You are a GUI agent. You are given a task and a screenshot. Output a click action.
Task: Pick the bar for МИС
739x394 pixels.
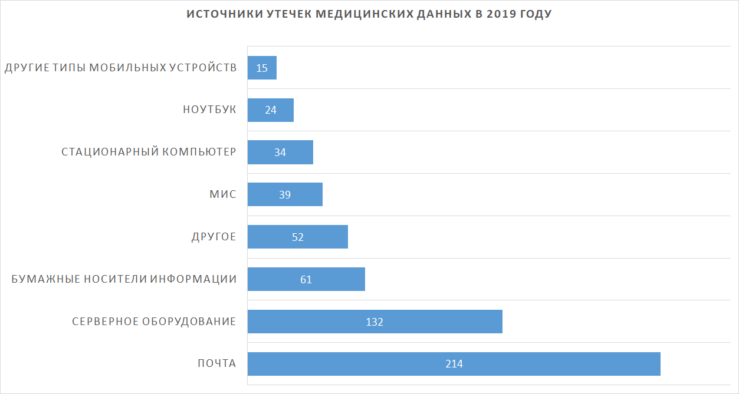[x=307, y=194]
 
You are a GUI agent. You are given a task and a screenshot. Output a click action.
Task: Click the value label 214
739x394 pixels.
[x=454, y=364]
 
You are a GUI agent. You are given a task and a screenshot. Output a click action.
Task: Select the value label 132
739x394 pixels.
[x=375, y=322]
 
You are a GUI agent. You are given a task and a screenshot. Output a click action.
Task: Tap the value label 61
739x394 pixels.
[x=306, y=279]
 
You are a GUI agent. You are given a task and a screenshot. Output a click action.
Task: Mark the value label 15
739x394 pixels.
[x=262, y=68]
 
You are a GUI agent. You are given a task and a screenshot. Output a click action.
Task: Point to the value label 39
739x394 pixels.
[x=285, y=194]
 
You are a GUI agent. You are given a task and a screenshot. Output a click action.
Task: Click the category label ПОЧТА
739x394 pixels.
[x=216, y=364]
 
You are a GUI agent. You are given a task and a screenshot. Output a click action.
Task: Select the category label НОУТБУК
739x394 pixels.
[x=209, y=110]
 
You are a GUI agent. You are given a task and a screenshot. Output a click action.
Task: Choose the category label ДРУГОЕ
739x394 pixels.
[x=214, y=237]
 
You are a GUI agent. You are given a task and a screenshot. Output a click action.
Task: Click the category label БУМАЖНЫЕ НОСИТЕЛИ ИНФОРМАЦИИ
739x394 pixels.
[x=124, y=279]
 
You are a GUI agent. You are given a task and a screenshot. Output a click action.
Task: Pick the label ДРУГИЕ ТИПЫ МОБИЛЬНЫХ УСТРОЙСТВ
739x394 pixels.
[x=120, y=68]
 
